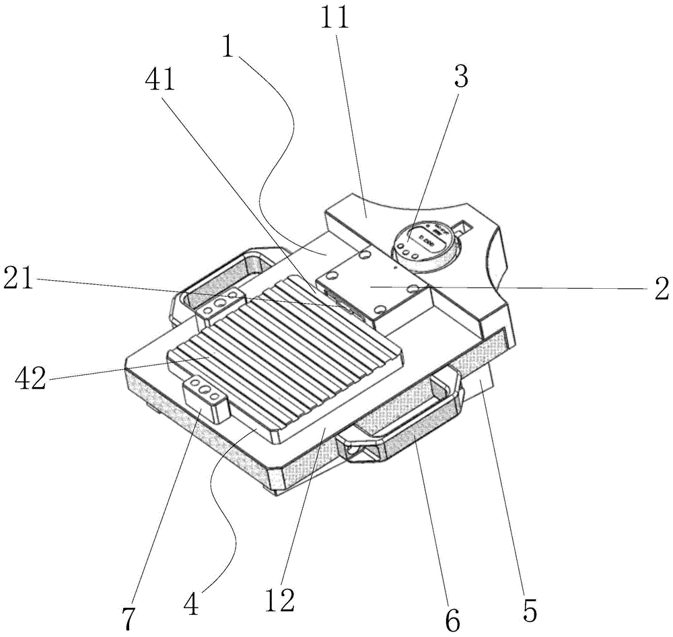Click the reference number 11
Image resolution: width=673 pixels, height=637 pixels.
[335, 19]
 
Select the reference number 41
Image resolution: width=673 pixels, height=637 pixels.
[160, 81]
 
